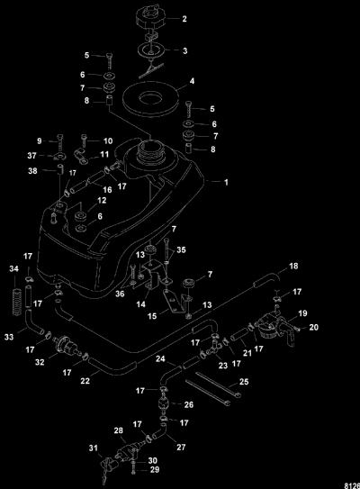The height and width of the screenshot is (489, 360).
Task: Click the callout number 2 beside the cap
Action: pyautogui.click(x=184, y=19)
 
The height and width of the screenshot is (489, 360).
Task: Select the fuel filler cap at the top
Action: pyautogui.click(x=150, y=17)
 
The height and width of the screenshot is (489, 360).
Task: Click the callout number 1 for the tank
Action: pyautogui.click(x=226, y=182)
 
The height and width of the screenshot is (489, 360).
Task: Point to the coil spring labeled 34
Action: pyautogui.click(x=16, y=302)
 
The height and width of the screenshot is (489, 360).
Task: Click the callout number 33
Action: pyautogui.click(x=9, y=337)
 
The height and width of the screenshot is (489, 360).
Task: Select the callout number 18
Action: pyautogui.click(x=293, y=266)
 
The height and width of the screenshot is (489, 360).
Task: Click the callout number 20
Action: pyautogui.click(x=313, y=327)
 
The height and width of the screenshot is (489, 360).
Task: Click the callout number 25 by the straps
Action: pyautogui.click(x=244, y=382)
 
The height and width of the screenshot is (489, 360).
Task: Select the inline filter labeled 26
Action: pyautogui.click(x=164, y=404)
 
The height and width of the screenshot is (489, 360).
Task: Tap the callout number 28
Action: pyautogui.click(x=118, y=430)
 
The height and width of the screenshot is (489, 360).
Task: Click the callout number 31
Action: pyautogui.click(x=94, y=448)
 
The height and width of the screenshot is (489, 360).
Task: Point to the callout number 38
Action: pyautogui.click(x=32, y=171)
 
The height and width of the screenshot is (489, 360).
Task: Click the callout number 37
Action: pyautogui.click(x=31, y=155)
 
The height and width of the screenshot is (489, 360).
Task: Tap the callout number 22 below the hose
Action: pyautogui.click(x=85, y=381)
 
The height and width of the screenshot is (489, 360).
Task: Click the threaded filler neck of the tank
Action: pyautogui.click(x=150, y=149)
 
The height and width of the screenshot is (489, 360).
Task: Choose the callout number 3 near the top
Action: pyautogui.click(x=184, y=50)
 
